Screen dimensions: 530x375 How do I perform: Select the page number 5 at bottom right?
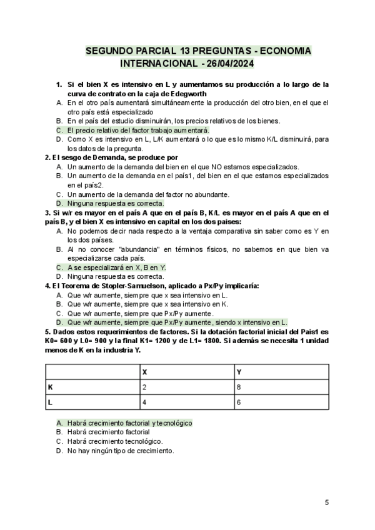(327, 502)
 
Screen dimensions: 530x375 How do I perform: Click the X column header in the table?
(145, 372)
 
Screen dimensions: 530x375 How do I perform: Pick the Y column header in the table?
(239, 372)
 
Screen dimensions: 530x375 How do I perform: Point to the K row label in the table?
(50, 387)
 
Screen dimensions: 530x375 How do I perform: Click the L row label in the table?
(50, 402)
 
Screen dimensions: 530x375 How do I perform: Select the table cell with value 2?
(145, 387)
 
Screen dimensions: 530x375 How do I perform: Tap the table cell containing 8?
(239, 387)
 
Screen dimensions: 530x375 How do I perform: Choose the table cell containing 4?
(145, 402)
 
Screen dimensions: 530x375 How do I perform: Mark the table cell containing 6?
(239, 402)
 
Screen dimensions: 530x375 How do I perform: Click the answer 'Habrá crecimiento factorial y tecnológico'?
(129, 422)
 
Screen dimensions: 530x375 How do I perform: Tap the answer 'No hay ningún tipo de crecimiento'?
(120, 451)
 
